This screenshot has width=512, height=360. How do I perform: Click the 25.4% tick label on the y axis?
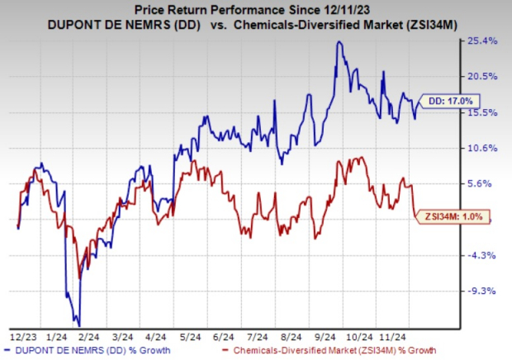[x=481, y=40]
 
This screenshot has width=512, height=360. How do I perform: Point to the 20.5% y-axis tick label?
[x=481, y=76]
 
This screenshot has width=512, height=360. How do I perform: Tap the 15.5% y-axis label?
[x=481, y=112]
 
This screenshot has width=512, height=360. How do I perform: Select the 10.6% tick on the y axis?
[x=481, y=149]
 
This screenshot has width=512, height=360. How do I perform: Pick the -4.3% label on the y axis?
[x=481, y=255]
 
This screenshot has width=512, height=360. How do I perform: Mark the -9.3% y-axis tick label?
[x=481, y=291]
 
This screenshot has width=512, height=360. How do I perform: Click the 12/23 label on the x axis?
[x=22, y=336]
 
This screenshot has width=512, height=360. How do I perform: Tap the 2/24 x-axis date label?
[x=87, y=336]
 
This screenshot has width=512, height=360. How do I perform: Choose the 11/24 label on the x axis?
[x=391, y=336]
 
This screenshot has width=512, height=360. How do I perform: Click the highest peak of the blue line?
[x=339, y=42]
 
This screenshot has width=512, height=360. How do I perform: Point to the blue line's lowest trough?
[x=78, y=324]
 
